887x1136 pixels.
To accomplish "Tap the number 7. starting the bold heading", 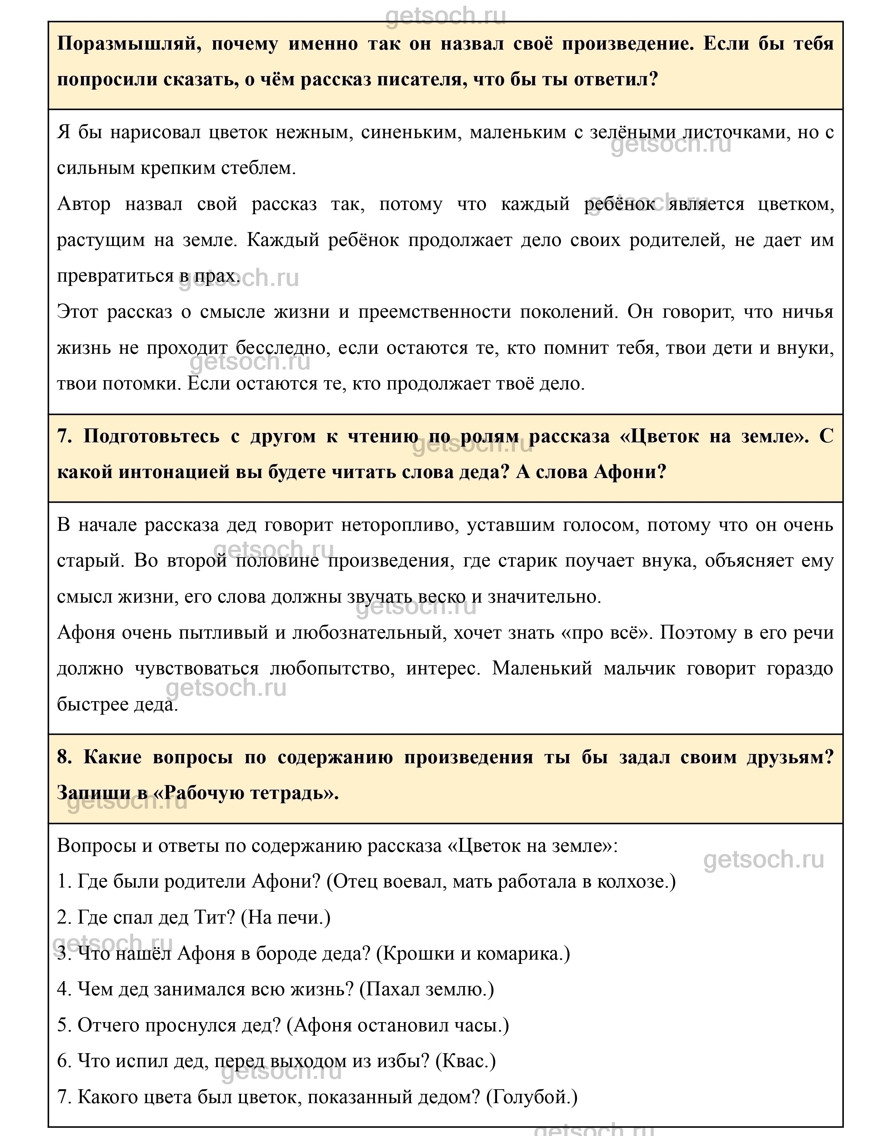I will (x=65, y=436).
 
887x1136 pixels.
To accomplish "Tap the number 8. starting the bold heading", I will (x=65, y=757).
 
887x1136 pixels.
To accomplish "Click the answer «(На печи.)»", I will (x=286, y=918).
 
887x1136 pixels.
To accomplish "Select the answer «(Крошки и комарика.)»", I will (x=472, y=954).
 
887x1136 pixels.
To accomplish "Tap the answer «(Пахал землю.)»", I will (x=427, y=989).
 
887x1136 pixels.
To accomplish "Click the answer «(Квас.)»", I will (x=465, y=1061).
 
